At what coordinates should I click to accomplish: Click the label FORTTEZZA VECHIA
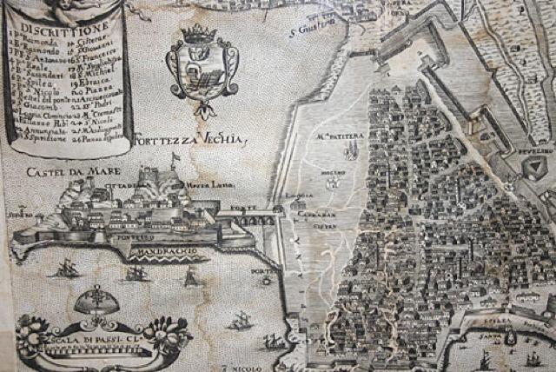click(x=192, y=140)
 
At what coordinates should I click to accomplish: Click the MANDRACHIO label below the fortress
click(x=166, y=253)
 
